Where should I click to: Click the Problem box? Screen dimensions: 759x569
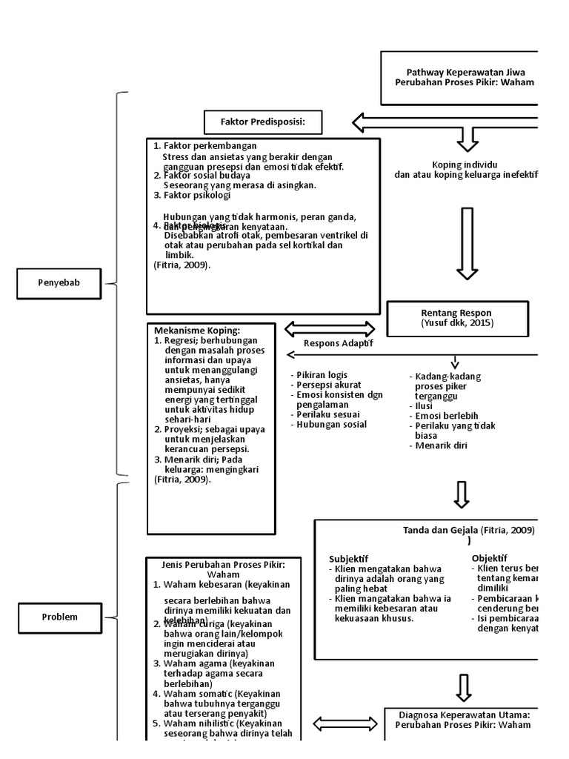click(x=59, y=617)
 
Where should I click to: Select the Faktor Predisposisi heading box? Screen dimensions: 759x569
click(x=262, y=122)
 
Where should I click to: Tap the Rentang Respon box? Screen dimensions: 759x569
click(x=457, y=319)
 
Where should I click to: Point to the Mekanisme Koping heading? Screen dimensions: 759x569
click(x=197, y=330)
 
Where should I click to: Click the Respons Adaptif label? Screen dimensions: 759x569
click(x=339, y=343)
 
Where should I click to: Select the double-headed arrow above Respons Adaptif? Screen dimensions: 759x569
click(x=330, y=328)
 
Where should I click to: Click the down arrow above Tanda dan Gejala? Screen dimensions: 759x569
click(x=462, y=494)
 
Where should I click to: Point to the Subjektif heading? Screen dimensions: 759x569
click(x=349, y=558)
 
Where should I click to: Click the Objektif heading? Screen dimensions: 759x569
click(x=489, y=558)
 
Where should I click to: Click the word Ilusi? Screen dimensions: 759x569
click(x=424, y=406)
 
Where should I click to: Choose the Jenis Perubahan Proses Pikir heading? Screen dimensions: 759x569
click(x=223, y=569)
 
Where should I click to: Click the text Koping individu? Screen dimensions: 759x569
click(x=465, y=164)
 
